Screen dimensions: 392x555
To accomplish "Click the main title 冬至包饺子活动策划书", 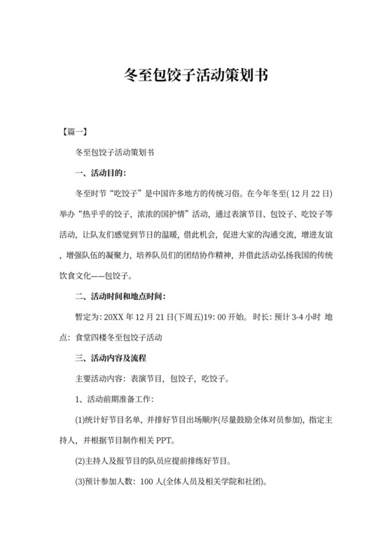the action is pyautogui.click(x=196, y=74).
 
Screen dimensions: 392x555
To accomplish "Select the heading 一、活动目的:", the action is pyautogui.click(x=101, y=172).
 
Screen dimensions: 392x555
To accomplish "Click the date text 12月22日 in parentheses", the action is pyautogui.click(x=308, y=193).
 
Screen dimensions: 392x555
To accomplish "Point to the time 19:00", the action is pyautogui.click(x=220, y=317).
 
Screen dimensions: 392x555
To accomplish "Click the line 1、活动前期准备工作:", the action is pyautogui.click(x=110, y=399).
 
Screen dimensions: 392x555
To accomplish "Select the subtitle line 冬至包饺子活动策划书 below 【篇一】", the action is pyautogui.click(x=114, y=151).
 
